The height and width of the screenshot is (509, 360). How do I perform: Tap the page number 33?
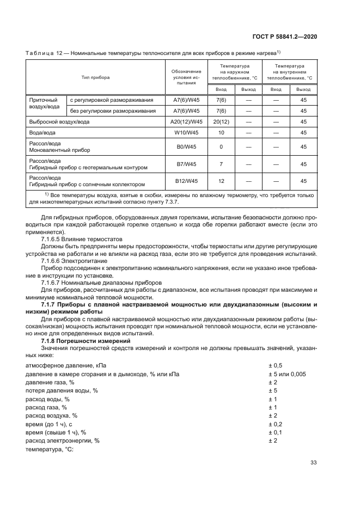click(313, 463)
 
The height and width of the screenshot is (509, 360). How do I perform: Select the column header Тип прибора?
click(95, 77)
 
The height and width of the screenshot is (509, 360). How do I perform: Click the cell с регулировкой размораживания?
click(111, 100)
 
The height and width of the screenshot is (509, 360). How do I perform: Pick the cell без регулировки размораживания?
click(113, 111)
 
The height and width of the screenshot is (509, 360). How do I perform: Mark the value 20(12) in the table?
click(221, 121)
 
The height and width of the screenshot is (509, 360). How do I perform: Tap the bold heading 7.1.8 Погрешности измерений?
click(84, 340)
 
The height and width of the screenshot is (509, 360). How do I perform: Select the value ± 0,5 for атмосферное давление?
click(276, 366)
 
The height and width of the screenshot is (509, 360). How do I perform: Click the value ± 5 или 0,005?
click(287, 374)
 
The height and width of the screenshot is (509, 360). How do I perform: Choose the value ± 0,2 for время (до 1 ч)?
click(276, 424)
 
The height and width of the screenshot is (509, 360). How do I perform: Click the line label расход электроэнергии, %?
click(63, 440)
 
